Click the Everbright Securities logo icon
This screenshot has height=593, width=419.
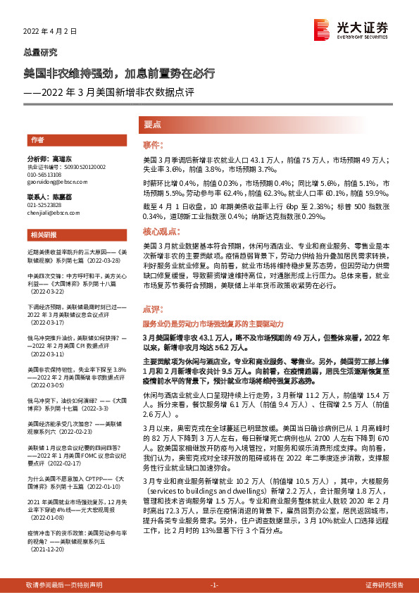click(321, 29)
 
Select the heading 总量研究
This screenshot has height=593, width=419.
click(41, 53)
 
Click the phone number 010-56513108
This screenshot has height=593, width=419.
click(44, 175)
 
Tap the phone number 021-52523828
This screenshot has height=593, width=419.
click(44, 204)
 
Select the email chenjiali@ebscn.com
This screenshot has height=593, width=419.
click(51, 211)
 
